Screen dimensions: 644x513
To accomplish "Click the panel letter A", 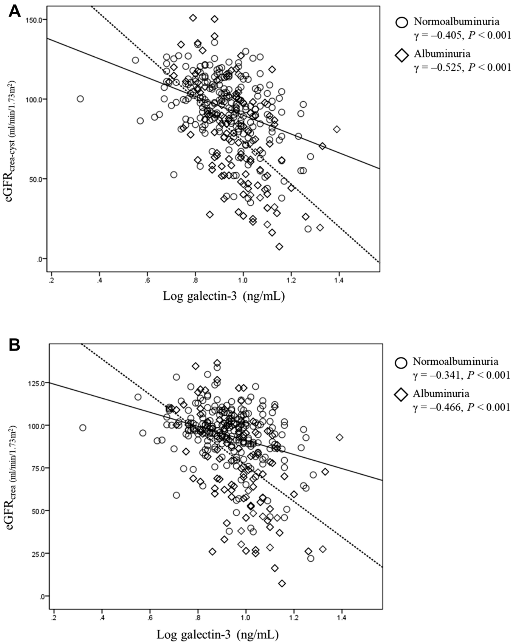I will point(14,12).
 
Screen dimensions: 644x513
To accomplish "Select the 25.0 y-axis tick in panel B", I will point(38,554).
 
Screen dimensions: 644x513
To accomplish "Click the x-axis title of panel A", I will point(223,296).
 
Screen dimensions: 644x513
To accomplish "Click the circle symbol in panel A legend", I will point(401,22).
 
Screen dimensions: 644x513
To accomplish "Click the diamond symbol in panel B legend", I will point(401,395).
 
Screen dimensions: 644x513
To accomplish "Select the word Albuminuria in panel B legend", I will point(441,393).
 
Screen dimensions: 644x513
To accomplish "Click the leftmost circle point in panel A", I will point(80,99).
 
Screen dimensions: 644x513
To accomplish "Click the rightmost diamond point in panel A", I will point(337,129).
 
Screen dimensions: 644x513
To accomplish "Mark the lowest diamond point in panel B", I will point(282,584).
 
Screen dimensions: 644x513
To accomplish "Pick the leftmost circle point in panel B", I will point(82,428).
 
